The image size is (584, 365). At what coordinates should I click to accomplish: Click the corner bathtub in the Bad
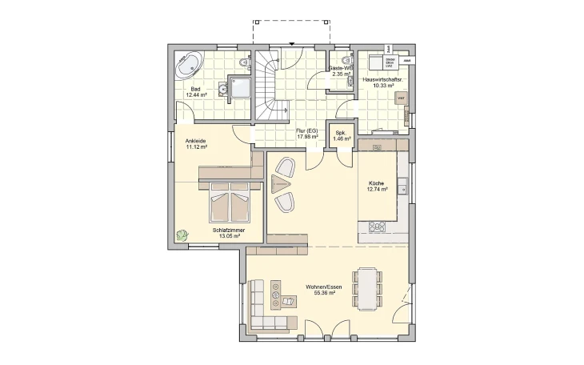tap(191, 64)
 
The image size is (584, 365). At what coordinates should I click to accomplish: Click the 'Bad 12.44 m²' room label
tap(196, 91)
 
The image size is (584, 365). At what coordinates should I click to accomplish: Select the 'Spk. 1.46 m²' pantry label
tap(340, 136)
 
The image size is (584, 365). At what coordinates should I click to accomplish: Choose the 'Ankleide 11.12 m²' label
tap(196, 144)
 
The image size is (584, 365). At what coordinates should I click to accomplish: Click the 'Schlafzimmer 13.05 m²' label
tap(228, 233)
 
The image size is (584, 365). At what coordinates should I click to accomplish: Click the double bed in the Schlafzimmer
tap(229, 203)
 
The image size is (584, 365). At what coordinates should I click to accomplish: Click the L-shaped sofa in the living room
tap(264, 308)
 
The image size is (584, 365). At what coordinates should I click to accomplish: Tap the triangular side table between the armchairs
tap(281, 185)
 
